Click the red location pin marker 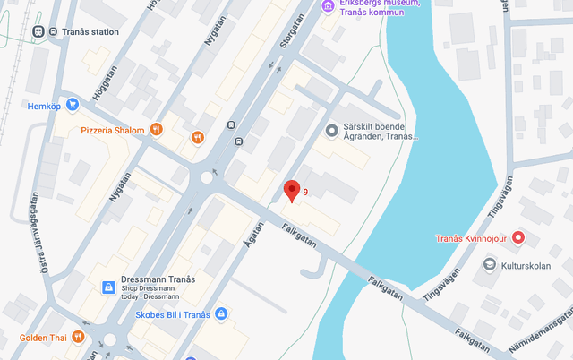[291, 190]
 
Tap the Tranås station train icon [38, 31]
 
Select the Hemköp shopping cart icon [73, 105]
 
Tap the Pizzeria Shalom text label [112, 131]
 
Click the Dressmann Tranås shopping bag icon [108, 287]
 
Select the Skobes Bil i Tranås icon [221, 313]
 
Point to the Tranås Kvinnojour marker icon [518, 238]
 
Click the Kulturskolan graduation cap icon [490, 264]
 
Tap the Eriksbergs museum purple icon [329, 7]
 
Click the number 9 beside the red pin [305, 193]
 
